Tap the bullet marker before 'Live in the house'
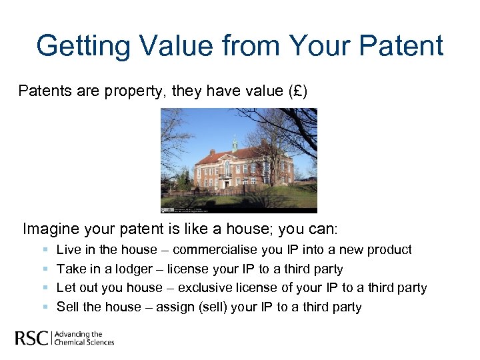45,250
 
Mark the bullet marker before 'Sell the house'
45,307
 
